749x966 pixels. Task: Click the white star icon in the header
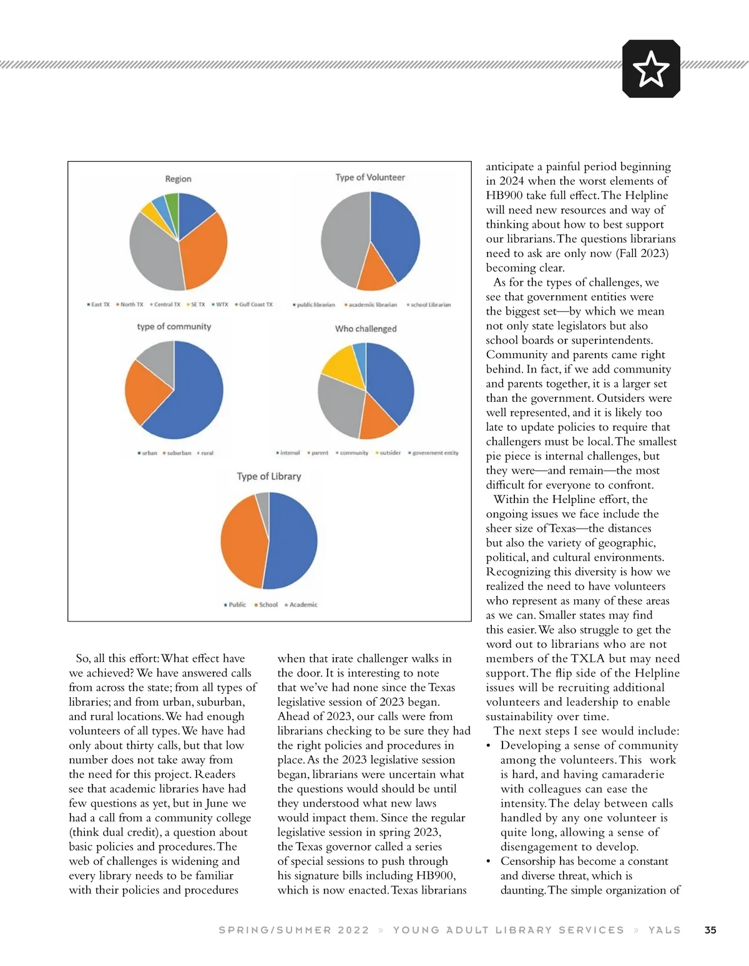click(651, 69)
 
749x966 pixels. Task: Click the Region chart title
click(178, 179)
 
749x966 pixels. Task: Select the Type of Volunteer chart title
click(370, 177)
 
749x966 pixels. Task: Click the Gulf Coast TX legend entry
click(255, 305)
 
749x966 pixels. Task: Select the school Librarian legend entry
click(429, 305)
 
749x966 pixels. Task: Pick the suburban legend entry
click(178, 453)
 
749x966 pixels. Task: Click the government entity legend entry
click(434, 453)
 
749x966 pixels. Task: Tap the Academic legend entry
click(302, 605)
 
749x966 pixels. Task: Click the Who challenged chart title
click(366, 329)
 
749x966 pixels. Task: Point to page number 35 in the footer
click(710, 930)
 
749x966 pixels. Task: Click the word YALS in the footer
click(664, 930)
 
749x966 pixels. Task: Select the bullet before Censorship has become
click(489, 861)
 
